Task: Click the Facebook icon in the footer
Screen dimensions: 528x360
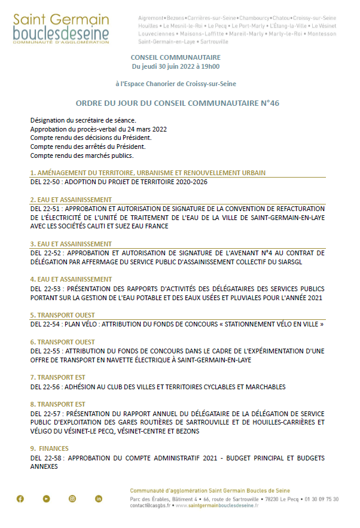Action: (x=20, y=499)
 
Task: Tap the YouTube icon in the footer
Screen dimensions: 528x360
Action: (x=46, y=499)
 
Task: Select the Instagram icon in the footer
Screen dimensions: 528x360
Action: (x=72, y=499)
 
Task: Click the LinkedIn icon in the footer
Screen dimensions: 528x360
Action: (x=99, y=499)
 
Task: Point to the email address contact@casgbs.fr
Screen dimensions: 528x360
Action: (x=150, y=505)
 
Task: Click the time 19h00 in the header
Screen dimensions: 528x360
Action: (x=209, y=66)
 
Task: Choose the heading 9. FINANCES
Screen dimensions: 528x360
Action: (x=50, y=448)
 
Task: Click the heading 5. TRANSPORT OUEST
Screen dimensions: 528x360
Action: (x=62, y=315)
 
